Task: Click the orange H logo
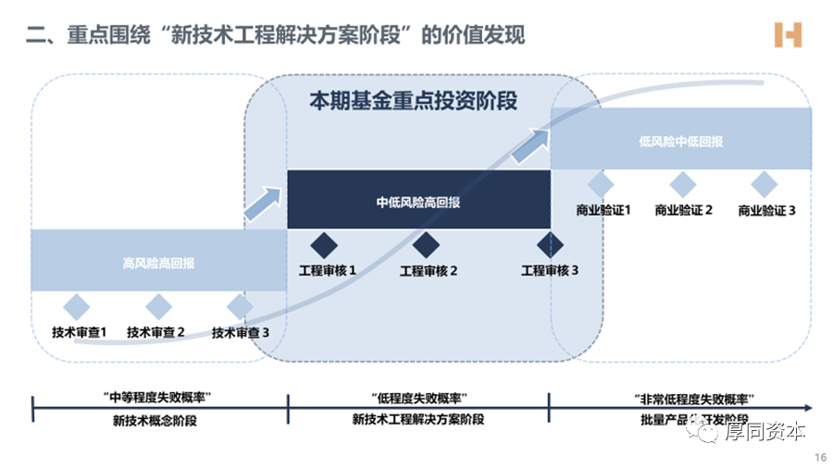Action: (788, 35)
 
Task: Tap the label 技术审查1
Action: (80, 332)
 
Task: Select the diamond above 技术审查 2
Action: (159, 307)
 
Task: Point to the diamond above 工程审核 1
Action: (325, 245)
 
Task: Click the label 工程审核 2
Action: (429, 271)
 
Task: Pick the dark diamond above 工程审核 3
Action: (550, 245)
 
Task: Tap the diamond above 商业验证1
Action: (601, 184)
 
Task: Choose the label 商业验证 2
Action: (683, 210)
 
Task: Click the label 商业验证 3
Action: (766, 210)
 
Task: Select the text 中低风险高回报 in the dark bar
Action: (418, 203)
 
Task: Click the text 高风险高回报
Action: (159, 264)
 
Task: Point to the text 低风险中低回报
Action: (681, 142)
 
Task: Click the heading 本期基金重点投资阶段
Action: (414, 101)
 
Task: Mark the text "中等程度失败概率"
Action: (158, 398)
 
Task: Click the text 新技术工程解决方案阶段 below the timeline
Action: (418, 419)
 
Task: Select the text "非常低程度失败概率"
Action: (681, 398)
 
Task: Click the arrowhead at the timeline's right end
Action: (808, 407)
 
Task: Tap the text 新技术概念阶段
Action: (158, 419)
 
